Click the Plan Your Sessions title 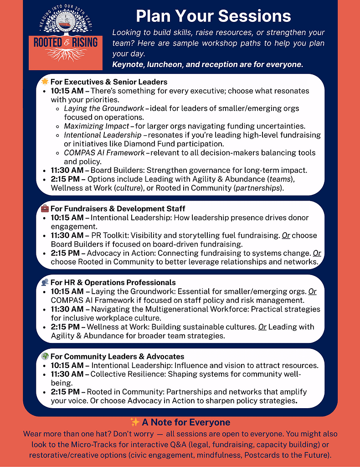tap(213, 16)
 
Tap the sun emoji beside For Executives tap(45, 82)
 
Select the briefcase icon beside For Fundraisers tap(45, 209)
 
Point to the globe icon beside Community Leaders tap(45, 356)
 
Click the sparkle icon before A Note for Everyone tap(134, 422)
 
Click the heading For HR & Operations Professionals tap(113, 282)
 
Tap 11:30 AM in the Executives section tap(67, 171)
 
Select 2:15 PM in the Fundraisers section tap(65, 253)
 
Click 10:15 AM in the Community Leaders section tap(67, 365)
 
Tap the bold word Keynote tap(128, 65)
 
